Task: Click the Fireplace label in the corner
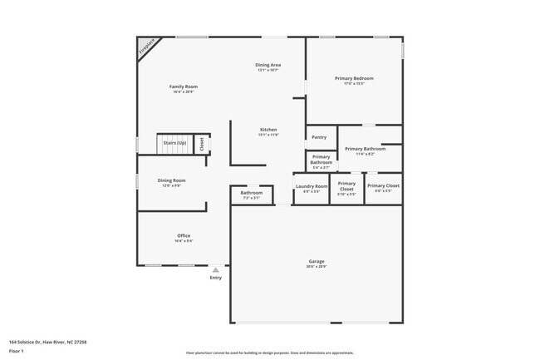click(x=147, y=47)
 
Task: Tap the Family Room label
click(x=184, y=86)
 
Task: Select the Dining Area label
click(x=268, y=65)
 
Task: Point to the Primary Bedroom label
click(x=354, y=78)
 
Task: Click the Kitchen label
click(x=268, y=130)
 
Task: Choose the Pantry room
click(x=319, y=137)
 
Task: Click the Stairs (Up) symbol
click(x=174, y=143)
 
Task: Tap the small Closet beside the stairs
click(x=201, y=143)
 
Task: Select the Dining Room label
click(x=172, y=180)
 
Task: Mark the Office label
click(x=184, y=236)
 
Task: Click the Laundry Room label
click(x=312, y=186)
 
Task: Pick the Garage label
click(x=317, y=262)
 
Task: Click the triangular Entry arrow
click(x=216, y=269)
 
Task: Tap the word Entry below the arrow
click(x=216, y=278)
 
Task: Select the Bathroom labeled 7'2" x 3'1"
click(x=251, y=193)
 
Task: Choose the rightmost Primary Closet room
click(x=383, y=186)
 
